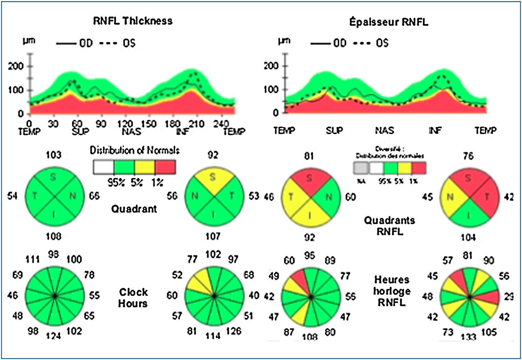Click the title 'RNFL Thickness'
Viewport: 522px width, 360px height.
point(133,21)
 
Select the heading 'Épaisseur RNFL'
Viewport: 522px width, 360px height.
point(389,22)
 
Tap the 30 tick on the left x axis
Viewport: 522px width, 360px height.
point(53,124)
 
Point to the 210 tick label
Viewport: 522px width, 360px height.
point(197,124)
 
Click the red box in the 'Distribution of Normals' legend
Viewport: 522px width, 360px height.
point(165,167)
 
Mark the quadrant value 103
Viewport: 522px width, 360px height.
point(54,155)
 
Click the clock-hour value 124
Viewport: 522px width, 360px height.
point(53,336)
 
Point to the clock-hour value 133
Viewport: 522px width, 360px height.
point(468,337)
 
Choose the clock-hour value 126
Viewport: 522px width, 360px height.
point(234,331)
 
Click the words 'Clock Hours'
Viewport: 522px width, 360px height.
point(133,298)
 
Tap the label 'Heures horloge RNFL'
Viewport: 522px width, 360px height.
point(392,291)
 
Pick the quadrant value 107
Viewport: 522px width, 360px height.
point(213,236)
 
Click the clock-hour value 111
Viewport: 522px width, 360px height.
point(33,259)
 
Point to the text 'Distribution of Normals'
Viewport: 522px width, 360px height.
point(135,150)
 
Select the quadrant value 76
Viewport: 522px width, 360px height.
point(468,156)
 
